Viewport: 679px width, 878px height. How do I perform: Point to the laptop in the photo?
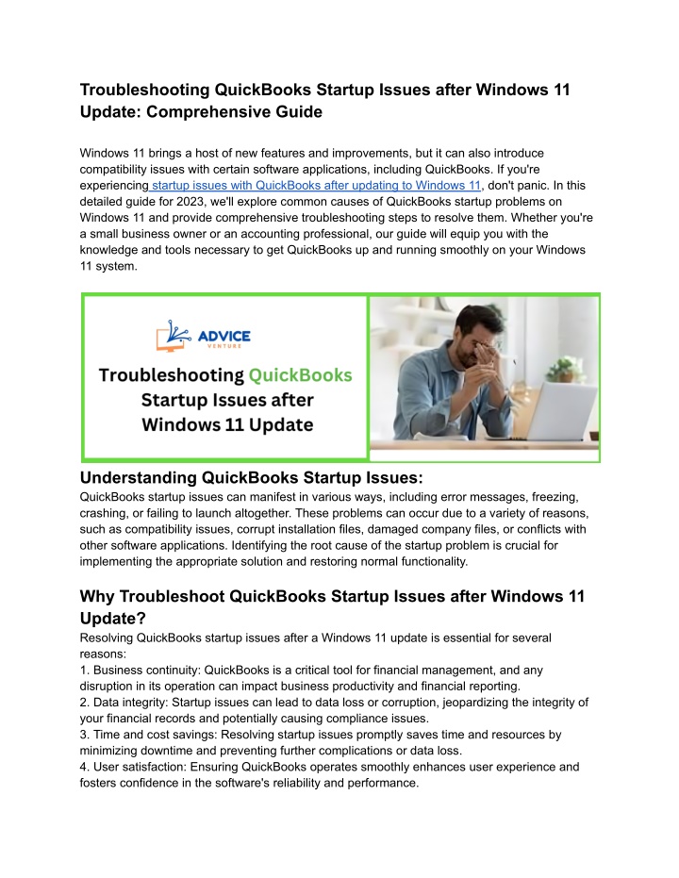566,406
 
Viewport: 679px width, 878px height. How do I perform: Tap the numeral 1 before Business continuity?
84,671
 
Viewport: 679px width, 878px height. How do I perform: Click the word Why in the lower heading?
99,596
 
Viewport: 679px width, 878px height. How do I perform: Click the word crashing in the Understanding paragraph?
108,512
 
